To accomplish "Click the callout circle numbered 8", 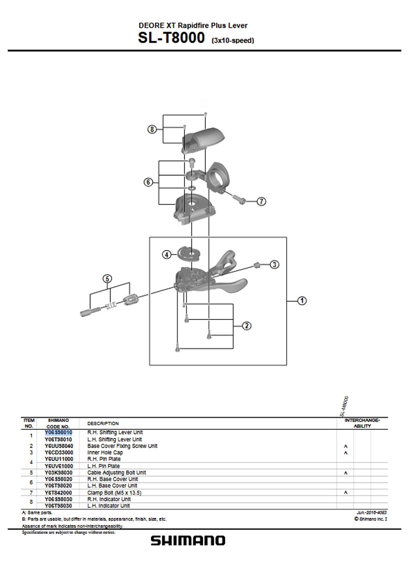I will pyautogui.click(x=152, y=130).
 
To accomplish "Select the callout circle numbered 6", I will pyautogui.click(x=148, y=182).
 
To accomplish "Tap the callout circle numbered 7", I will pyautogui.click(x=261, y=201).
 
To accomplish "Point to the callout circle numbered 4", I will pyautogui.click(x=166, y=255).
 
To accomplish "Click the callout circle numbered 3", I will pyautogui.click(x=274, y=264).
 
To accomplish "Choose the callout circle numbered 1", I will pyautogui.click(x=302, y=301).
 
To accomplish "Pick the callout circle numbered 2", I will pyautogui.click(x=247, y=326).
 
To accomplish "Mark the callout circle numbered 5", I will pyautogui.click(x=107, y=279).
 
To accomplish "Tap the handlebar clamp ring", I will pyautogui.click(x=220, y=176).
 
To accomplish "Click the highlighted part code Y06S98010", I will pyautogui.click(x=58, y=432).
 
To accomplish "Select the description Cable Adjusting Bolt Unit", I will pyautogui.click(x=117, y=473).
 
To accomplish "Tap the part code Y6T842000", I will pyautogui.click(x=58, y=493).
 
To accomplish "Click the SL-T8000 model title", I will pyautogui.click(x=171, y=38).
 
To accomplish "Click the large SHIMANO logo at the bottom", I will pyautogui.click(x=188, y=541).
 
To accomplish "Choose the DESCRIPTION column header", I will pyautogui.click(x=103, y=424).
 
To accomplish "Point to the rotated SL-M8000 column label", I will pyautogui.click(x=344, y=406).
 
